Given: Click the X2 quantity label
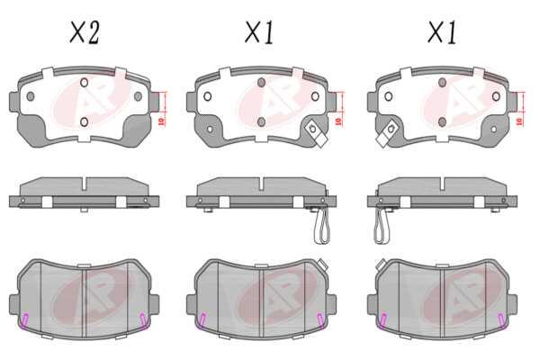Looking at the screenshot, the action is point(85,32).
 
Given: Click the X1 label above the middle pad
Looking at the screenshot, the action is point(260,32).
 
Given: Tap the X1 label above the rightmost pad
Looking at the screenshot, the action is point(442,32).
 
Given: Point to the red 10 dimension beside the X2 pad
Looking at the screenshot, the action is point(161,121).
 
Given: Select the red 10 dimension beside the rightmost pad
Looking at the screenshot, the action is point(519,121).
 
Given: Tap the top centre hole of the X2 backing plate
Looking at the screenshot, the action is point(84,83).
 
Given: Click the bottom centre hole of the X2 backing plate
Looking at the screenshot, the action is point(84,122).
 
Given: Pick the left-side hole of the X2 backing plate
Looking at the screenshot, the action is point(31,96).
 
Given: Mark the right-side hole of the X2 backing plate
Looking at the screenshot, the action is point(138,96).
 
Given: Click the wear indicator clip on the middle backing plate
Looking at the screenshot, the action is point(316,133).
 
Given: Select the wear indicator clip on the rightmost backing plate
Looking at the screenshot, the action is point(387,133).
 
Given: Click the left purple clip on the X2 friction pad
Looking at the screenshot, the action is point(25,319).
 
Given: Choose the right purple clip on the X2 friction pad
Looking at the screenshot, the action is point(143,319).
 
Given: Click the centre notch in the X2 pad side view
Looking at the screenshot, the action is point(84,184).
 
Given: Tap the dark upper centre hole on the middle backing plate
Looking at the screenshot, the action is point(261,83).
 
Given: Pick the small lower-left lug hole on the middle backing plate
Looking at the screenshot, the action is point(210,130).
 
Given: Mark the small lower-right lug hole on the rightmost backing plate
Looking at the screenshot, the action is point(493,130).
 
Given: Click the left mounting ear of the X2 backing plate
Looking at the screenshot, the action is point(13,102).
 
